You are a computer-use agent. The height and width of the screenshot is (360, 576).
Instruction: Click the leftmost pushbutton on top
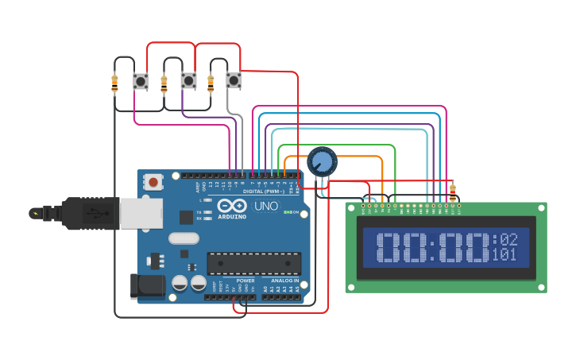[x=141, y=80]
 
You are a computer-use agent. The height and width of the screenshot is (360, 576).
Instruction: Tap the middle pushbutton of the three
[x=188, y=80]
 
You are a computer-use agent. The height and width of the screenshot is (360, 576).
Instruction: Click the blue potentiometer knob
[x=323, y=161]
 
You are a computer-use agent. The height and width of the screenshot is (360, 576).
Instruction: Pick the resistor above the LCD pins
[x=453, y=191]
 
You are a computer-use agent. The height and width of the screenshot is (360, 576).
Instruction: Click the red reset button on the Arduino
[x=153, y=182]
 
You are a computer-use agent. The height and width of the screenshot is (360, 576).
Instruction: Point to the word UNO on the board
[x=267, y=206]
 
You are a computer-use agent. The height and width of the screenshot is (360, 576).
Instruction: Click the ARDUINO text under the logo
[x=232, y=216]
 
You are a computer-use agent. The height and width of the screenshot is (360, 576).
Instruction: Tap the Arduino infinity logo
[x=232, y=206]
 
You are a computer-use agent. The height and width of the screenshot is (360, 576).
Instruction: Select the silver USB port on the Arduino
[x=141, y=213]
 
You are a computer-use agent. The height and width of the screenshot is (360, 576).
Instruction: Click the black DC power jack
[x=147, y=287]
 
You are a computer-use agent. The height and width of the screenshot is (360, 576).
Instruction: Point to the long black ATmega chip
[x=254, y=263]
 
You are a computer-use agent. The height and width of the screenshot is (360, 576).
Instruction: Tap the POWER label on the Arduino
[x=245, y=281]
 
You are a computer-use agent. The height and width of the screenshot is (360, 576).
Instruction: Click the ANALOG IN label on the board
[x=284, y=281]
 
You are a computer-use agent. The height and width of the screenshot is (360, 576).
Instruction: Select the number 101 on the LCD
[x=504, y=255]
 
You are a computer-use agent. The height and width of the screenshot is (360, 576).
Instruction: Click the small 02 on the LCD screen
[x=508, y=239]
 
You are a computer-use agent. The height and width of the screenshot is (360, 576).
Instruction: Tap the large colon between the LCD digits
[x=432, y=247]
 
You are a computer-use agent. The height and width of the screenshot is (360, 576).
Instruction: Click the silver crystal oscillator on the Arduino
[x=184, y=238]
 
